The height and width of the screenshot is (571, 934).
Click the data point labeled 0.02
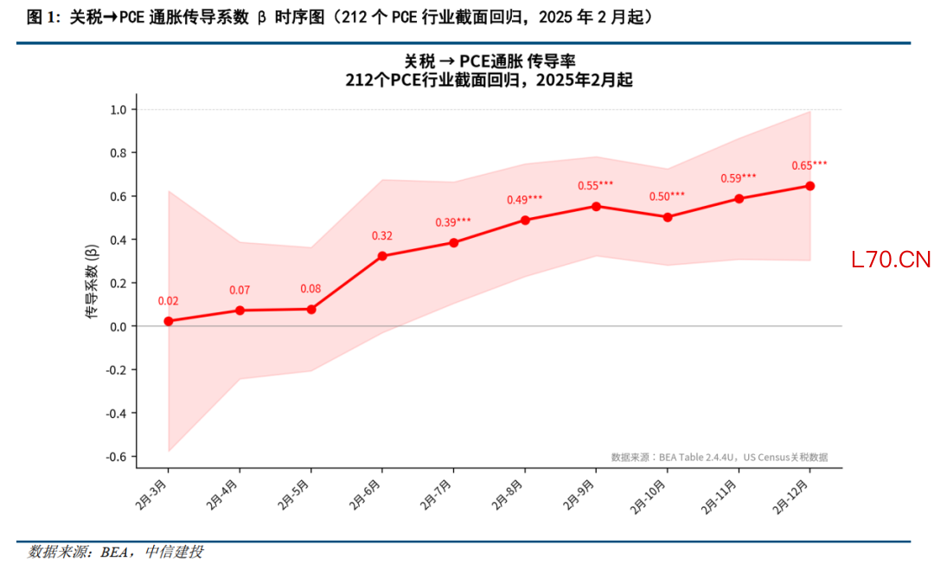pyautogui.click(x=168, y=321)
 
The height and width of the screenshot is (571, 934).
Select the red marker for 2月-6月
pyautogui.click(x=382, y=256)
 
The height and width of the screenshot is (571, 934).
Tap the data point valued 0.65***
pyautogui.click(x=810, y=186)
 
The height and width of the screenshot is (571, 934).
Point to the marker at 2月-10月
pyautogui.click(x=668, y=217)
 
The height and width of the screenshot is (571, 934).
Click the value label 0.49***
pyautogui.click(x=525, y=200)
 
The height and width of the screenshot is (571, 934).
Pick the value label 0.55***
pyautogui.click(x=596, y=185)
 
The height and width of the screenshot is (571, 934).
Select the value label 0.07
pyautogui.click(x=240, y=290)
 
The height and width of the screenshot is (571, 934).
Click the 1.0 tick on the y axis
pyautogui.click(x=118, y=110)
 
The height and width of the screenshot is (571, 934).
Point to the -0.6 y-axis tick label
pyautogui.click(x=117, y=456)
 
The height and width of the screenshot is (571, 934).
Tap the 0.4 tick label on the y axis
pyautogui.click(x=118, y=240)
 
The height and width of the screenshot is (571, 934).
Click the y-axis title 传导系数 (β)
pyautogui.click(x=92, y=283)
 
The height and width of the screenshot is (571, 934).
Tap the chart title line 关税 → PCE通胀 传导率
pyautogui.click(x=489, y=61)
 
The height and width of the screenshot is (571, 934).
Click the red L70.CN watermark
pyautogui.click(x=891, y=260)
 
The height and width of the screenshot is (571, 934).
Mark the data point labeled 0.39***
pyautogui.click(x=454, y=242)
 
